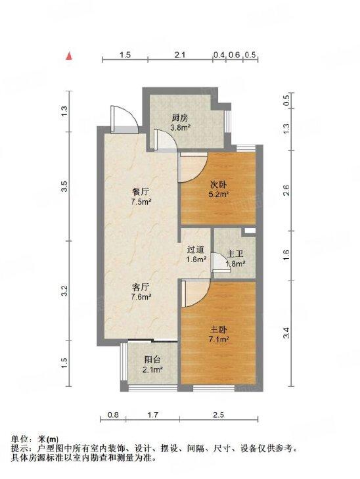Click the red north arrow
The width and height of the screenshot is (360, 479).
(x=70, y=56)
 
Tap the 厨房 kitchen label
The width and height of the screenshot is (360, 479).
(x=180, y=118)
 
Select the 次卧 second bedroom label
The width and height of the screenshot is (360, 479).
(x=219, y=185)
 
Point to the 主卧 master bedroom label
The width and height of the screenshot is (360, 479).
(x=219, y=330)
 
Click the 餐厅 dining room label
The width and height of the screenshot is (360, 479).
(x=141, y=192)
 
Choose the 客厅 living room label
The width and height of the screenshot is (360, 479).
(x=141, y=287)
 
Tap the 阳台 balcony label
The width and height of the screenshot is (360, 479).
(x=152, y=360)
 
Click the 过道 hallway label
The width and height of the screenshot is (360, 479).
(x=196, y=250)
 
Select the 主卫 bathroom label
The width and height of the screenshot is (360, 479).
(x=235, y=254)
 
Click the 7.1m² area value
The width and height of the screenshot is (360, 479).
(x=219, y=339)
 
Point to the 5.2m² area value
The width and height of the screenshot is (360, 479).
(x=219, y=194)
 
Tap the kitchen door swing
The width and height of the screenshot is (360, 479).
(x=165, y=140)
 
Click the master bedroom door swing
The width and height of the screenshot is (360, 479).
(x=195, y=294)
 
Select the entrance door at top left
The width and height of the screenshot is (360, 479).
(x=124, y=119)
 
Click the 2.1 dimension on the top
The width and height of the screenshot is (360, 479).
(x=180, y=55)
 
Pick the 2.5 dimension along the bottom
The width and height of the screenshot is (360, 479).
(x=219, y=415)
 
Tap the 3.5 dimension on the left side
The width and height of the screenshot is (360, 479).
(x=64, y=186)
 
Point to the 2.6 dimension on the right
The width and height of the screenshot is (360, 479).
(x=286, y=191)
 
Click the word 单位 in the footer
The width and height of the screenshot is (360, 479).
(x=20, y=440)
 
